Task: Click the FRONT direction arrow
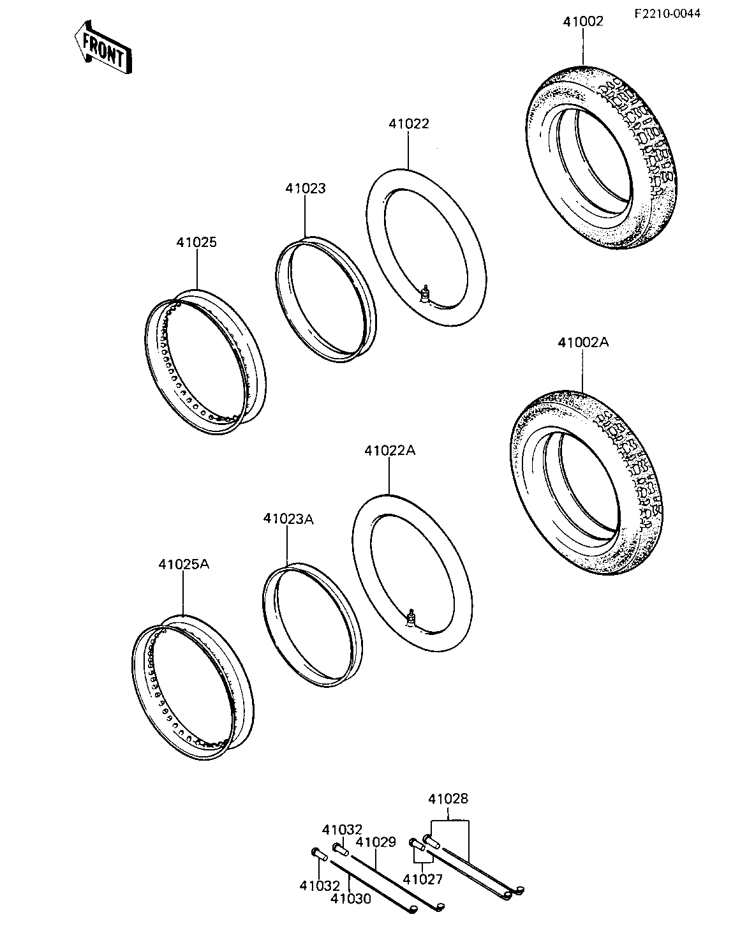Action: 102,47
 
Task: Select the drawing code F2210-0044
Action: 667,13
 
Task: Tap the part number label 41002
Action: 582,21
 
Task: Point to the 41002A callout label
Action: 582,342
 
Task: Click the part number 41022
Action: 408,124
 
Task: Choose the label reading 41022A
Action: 390,450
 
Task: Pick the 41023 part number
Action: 306,188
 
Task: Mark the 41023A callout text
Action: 288,519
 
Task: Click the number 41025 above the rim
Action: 196,242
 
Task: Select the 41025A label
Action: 184,564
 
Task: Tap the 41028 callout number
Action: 448,799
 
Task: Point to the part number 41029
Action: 376,842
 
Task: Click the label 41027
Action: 422,879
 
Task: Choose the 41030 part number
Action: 351,899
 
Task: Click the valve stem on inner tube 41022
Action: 424,293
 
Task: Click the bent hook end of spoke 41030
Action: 411,909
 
